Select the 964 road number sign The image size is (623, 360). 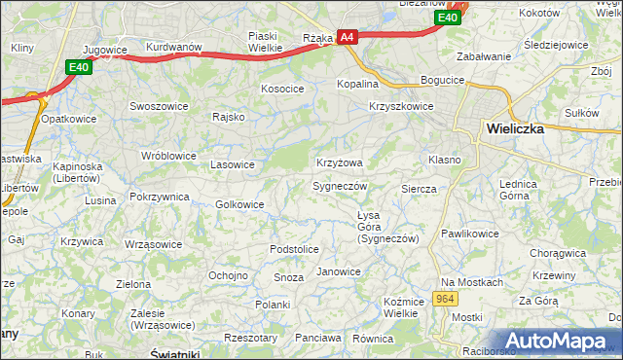446,299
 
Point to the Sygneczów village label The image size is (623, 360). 340,185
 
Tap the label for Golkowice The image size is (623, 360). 239,204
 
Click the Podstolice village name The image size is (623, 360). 294,249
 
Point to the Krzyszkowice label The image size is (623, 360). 401,107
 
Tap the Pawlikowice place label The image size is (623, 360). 470,234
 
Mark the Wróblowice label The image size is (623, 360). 168,156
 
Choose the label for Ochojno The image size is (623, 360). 228,275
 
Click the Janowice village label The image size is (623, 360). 339,271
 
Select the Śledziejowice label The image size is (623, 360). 565,45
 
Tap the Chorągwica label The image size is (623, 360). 558,253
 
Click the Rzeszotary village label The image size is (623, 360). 251,338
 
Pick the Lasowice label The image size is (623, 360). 233,164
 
